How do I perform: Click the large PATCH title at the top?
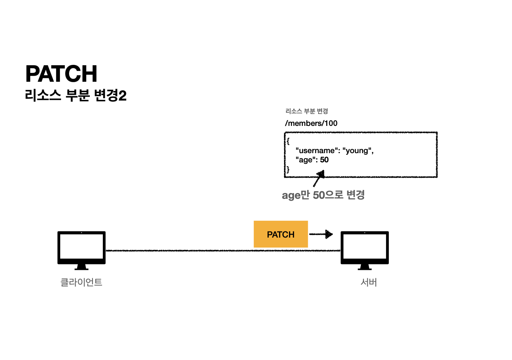(x=61, y=74)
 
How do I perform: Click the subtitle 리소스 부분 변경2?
(x=76, y=95)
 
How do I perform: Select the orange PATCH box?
(x=281, y=234)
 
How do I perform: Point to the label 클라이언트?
(x=81, y=282)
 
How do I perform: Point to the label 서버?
(x=368, y=282)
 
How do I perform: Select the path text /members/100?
(x=311, y=123)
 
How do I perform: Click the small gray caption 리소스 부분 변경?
(x=307, y=111)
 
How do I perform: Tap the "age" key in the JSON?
(x=306, y=160)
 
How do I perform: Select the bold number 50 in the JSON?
(x=324, y=160)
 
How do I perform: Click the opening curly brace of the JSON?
(x=288, y=141)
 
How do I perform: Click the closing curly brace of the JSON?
(x=288, y=169)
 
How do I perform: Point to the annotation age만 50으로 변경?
(x=323, y=195)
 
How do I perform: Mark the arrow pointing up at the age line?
(x=319, y=179)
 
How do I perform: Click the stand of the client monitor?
(x=81, y=267)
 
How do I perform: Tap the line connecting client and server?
(x=180, y=251)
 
